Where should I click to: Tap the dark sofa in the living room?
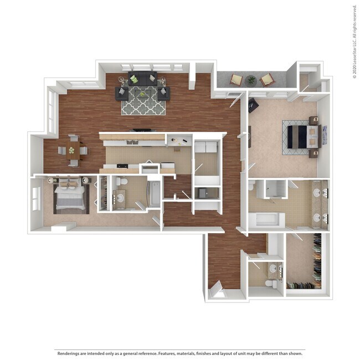142,80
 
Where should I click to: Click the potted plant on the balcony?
251,80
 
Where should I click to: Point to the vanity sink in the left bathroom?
120,197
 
